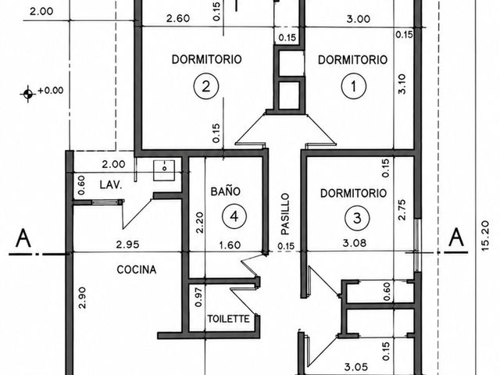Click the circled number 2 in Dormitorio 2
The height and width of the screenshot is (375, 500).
point(206,87)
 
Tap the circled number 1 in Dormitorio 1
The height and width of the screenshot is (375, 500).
point(354,86)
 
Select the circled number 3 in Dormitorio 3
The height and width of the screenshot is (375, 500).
point(357,219)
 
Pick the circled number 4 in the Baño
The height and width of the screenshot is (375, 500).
point(234,216)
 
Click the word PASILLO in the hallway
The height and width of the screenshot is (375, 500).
point(285,214)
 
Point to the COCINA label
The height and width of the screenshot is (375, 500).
point(137,270)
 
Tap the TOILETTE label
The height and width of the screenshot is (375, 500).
point(228,319)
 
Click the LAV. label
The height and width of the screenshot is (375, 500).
point(111,185)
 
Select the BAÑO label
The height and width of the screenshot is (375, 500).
point(226,191)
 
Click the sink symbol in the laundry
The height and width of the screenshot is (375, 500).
point(164,170)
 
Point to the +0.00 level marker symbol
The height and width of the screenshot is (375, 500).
point(28,94)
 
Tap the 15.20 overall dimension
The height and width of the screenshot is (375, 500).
point(484,236)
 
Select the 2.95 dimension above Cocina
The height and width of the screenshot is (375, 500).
point(127,245)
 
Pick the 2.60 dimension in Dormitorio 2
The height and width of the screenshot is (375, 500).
point(178,19)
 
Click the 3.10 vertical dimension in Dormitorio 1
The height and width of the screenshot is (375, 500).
point(402,84)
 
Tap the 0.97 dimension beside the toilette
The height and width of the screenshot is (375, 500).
point(198,297)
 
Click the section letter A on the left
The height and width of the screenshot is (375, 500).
point(23,238)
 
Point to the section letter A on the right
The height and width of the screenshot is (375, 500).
point(456,237)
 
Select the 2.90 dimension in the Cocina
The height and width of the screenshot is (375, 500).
point(82,298)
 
